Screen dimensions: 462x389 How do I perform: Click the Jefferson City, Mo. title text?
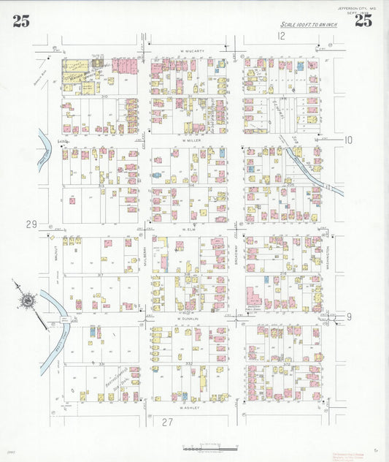click(357, 8)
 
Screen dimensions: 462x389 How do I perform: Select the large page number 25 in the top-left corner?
click(21, 21)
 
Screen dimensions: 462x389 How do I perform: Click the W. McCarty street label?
click(190, 51)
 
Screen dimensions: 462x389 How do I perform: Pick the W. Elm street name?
click(190, 229)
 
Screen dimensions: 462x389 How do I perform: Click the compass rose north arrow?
click(28, 300)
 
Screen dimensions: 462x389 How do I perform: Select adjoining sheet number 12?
click(281, 36)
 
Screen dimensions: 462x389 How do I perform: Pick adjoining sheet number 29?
click(31, 224)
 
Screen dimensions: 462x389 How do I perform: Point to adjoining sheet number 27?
click(168, 422)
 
